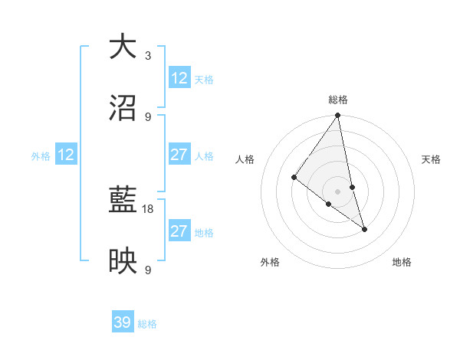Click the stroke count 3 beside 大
(148, 56)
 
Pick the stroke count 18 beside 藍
(148, 209)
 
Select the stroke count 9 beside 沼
(148, 117)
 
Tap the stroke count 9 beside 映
(148, 270)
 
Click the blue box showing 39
(123, 322)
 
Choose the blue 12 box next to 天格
(179, 78)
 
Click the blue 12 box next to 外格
(67, 155)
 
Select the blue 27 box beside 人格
(179, 155)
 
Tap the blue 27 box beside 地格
(179, 231)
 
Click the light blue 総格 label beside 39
(148, 324)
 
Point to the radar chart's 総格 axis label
(338, 100)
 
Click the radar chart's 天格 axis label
(431, 159)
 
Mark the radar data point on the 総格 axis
(338, 116)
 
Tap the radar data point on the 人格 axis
(294, 177)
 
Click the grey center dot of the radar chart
(338, 191)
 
